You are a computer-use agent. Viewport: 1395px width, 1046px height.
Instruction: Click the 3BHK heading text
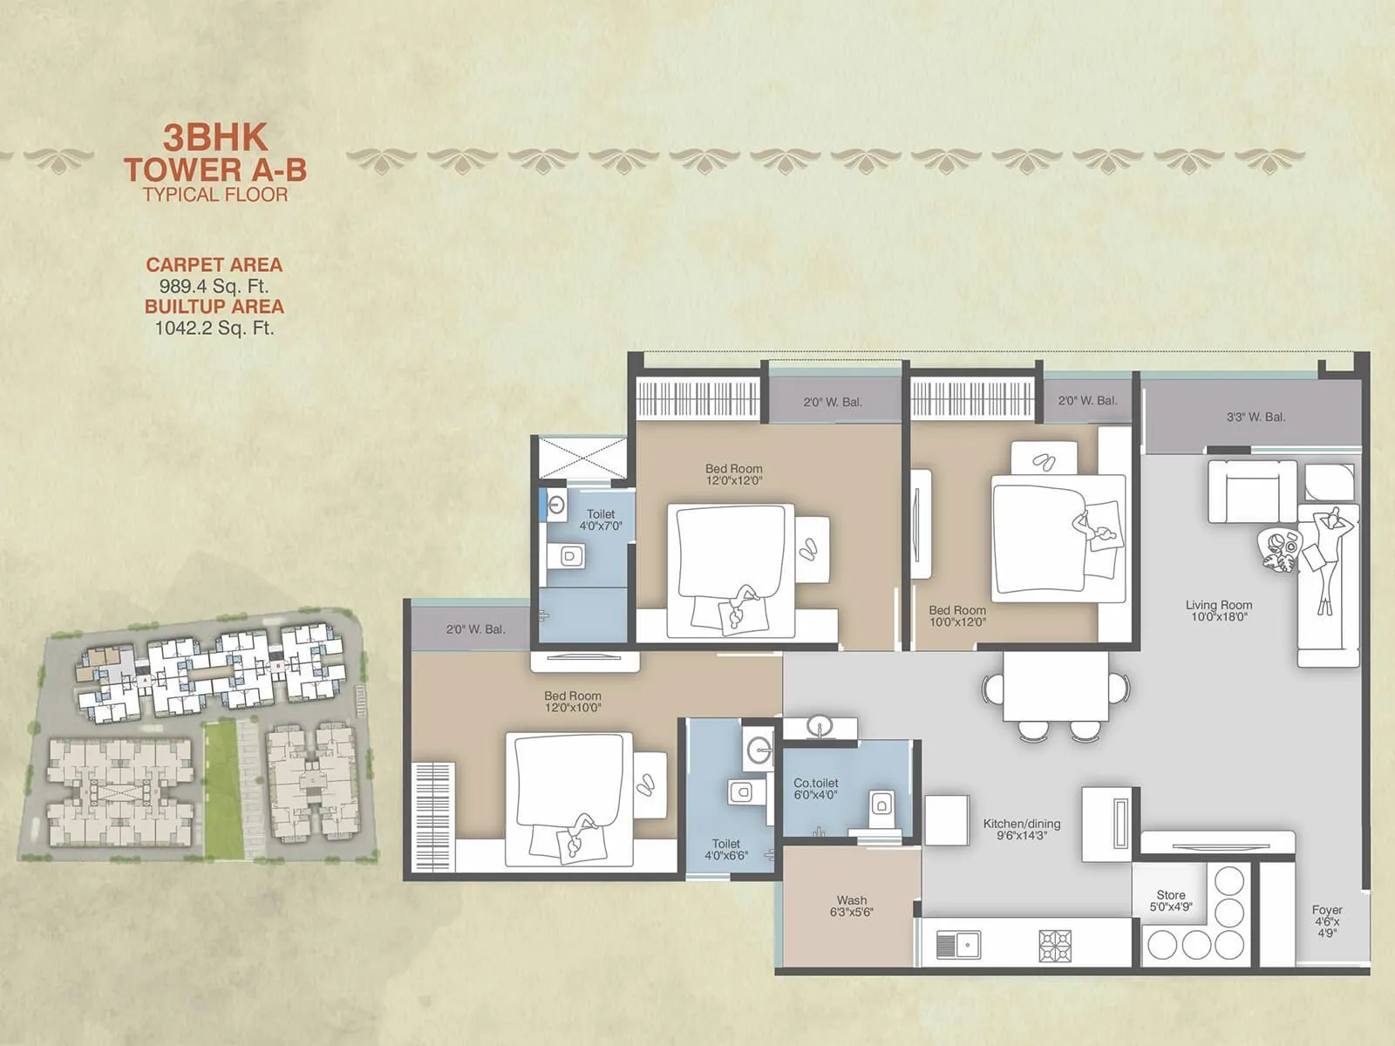(x=215, y=138)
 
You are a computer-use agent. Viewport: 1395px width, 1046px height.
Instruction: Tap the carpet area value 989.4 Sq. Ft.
(x=214, y=286)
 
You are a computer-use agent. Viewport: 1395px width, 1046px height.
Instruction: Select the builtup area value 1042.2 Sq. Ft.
(x=214, y=329)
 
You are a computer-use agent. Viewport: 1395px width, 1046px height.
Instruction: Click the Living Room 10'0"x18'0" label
(x=1219, y=610)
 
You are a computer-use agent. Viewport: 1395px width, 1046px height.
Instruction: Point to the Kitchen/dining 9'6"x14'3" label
(x=1022, y=829)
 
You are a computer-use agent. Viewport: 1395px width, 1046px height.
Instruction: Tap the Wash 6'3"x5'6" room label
(x=852, y=906)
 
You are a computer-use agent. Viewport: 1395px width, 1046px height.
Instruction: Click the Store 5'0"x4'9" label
(x=1171, y=900)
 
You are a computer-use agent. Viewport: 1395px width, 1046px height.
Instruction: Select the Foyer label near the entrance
(x=1327, y=920)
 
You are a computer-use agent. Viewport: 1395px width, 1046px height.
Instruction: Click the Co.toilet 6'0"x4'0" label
(x=815, y=789)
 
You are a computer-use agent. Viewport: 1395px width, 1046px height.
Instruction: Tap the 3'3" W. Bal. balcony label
(x=1255, y=417)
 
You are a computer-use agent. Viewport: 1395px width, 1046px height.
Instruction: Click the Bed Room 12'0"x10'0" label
(x=573, y=702)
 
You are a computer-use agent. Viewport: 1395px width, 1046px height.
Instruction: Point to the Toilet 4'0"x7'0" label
(x=601, y=520)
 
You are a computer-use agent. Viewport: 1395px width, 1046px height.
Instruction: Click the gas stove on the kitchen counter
(x=1055, y=946)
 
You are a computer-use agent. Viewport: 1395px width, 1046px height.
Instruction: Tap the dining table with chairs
(x=1055, y=689)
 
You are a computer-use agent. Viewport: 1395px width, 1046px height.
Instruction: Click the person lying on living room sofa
(x=1329, y=558)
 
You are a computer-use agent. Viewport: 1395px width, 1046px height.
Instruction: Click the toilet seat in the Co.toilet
(x=881, y=804)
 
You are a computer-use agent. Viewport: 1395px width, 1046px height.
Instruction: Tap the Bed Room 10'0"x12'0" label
(x=957, y=616)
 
